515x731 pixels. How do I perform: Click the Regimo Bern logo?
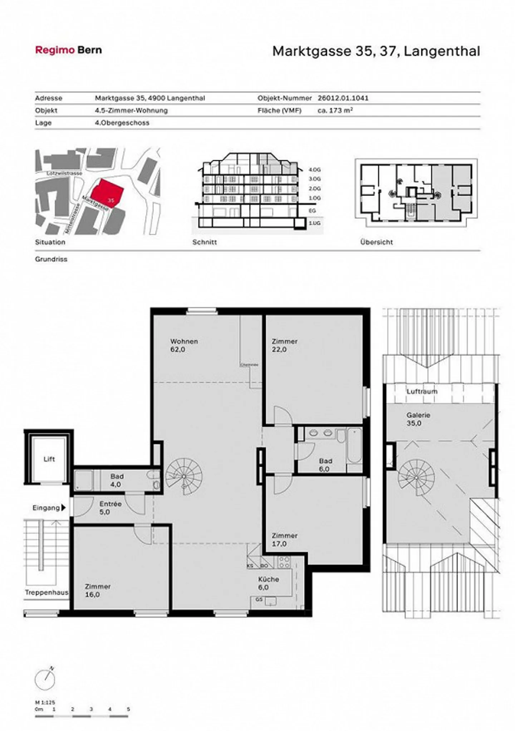click(x=68, y=50)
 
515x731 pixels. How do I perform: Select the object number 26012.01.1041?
click(x=343, y=98)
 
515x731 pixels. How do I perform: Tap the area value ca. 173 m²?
click(x=335, y=111)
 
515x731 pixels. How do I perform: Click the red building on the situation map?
click(x=106, y=193)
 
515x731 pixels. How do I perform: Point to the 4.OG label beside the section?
click(x=314, y=170)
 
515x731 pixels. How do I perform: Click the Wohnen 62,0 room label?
click(x=184, y=345)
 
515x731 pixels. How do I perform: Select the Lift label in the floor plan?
click(x=49, y=459)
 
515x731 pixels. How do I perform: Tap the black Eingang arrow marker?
click(x=64, y=507)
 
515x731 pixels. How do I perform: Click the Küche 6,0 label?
click(x=268, y=583)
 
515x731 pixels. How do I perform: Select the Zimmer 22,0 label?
click(x=284, y=345)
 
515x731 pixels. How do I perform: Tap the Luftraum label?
click(x=422, y=391)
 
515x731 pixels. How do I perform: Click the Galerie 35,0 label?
click(x=418, y=419)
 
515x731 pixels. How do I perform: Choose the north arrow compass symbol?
click(x=45, y=679)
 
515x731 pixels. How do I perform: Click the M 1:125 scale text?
click(x=45, y=702)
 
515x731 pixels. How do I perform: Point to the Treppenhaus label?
click(x=46, y=593)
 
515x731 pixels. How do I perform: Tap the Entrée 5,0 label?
click(x=110, y=508)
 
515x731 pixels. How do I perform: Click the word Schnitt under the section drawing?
click(x=205, y=242)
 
